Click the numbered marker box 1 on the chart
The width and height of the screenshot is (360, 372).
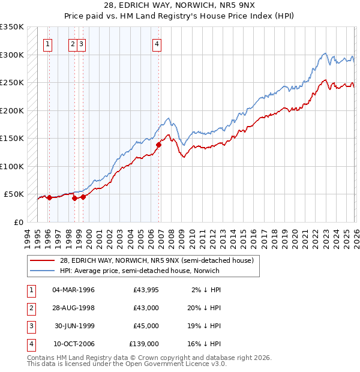47,43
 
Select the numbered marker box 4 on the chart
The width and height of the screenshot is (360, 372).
157,43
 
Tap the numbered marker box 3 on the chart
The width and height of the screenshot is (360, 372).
81,43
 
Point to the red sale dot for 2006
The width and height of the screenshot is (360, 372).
159,145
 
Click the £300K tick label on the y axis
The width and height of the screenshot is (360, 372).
11,55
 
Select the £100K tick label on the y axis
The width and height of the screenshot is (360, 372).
11,166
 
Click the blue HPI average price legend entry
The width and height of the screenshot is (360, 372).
139,271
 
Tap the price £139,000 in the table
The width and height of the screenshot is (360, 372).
144,344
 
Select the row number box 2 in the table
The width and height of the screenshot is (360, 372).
30,308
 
